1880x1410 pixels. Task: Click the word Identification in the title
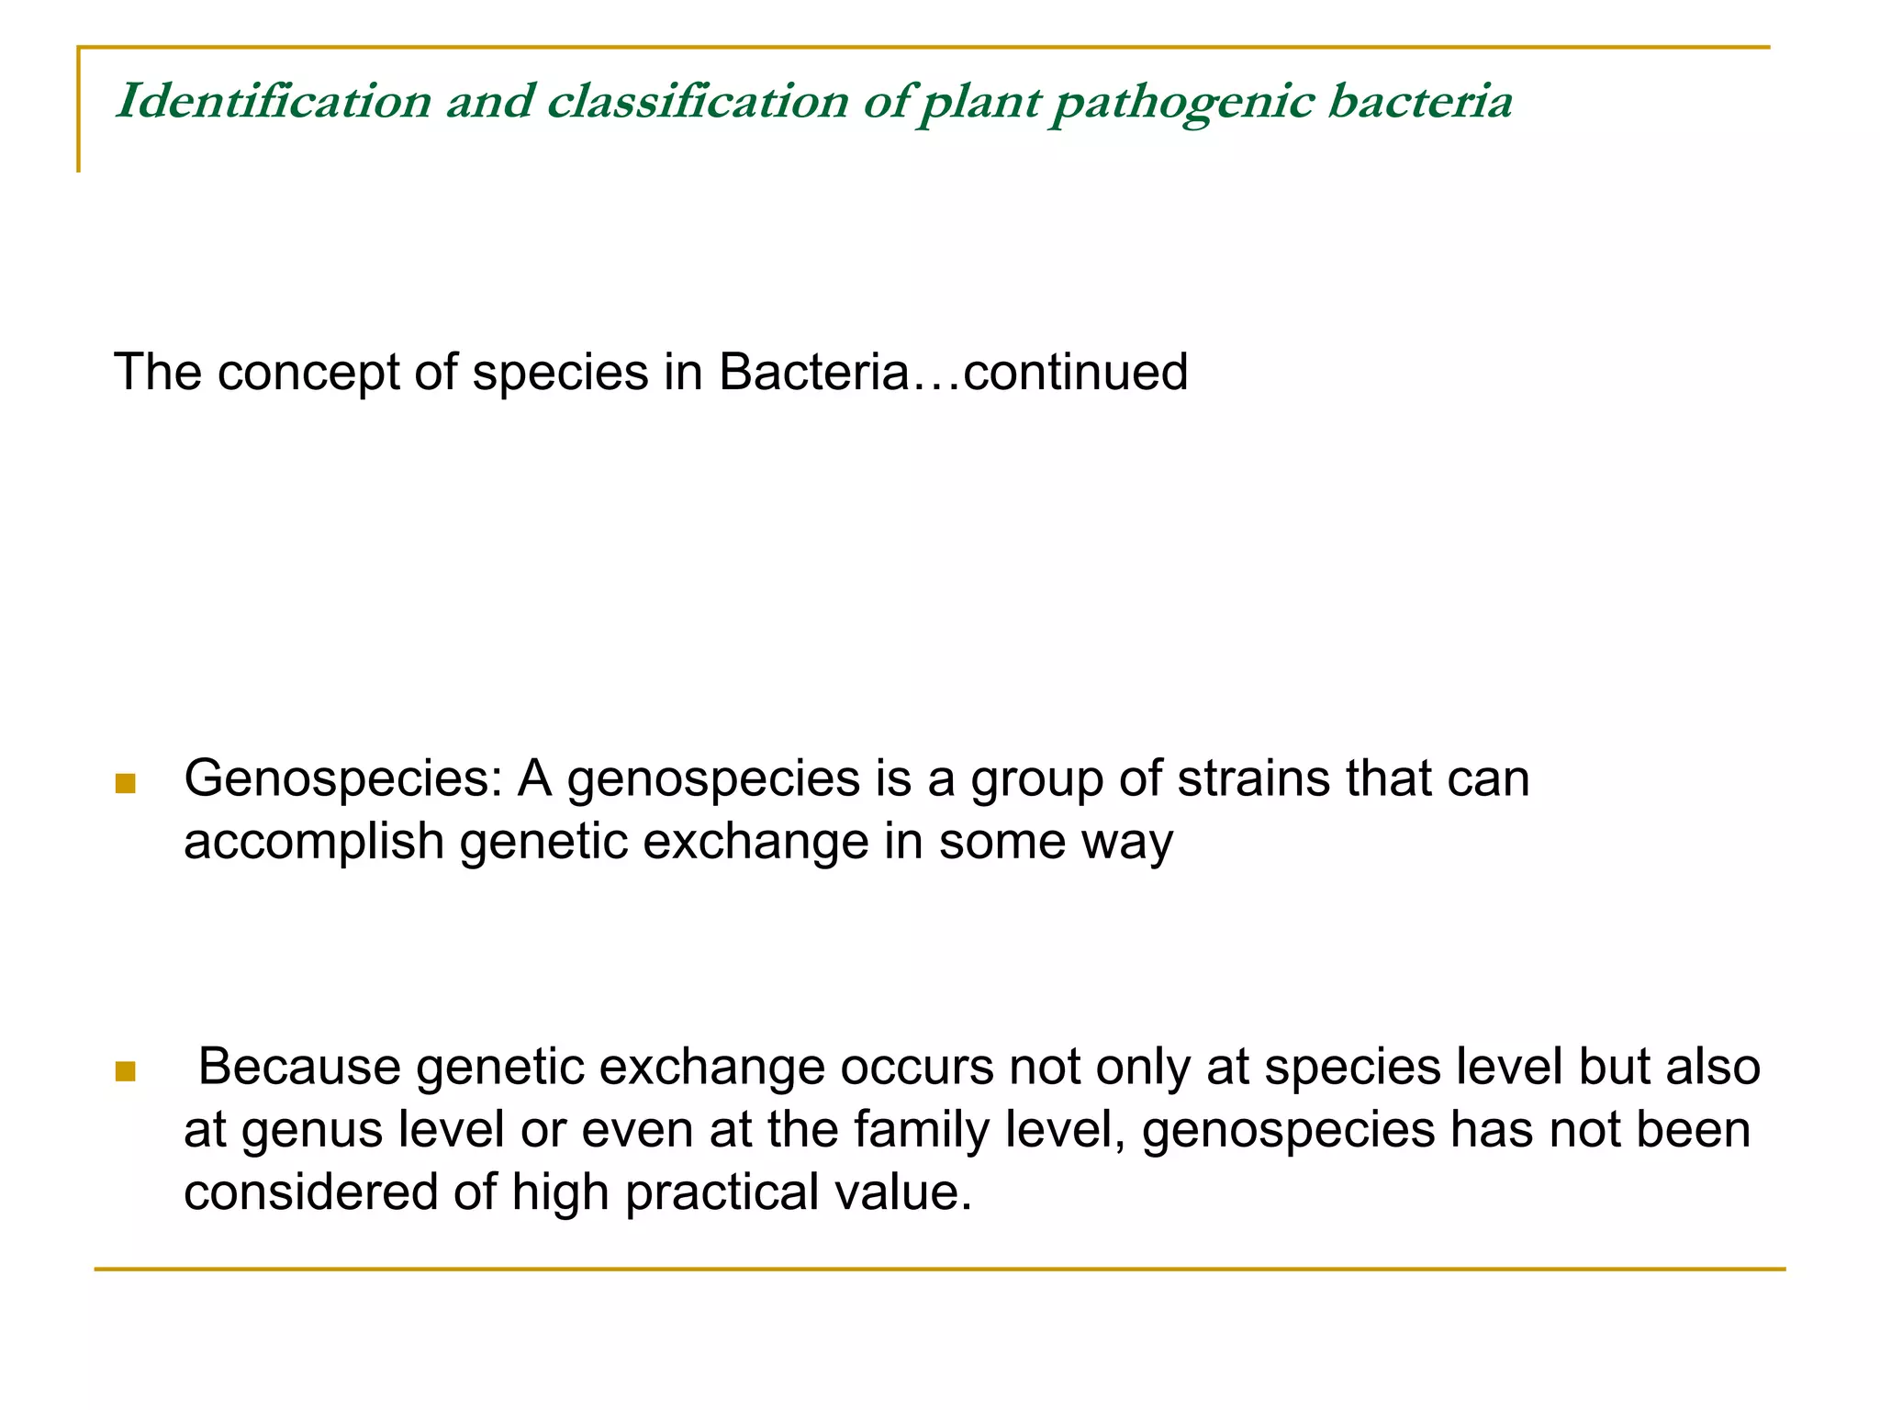point(274,101)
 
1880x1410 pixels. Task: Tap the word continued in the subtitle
point(1075,373)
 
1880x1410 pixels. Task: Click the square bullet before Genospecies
point(126,783)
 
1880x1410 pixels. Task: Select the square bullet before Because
point(126,1071)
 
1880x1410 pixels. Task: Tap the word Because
point(299,1067)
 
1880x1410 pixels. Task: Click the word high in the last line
point(560,1192)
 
